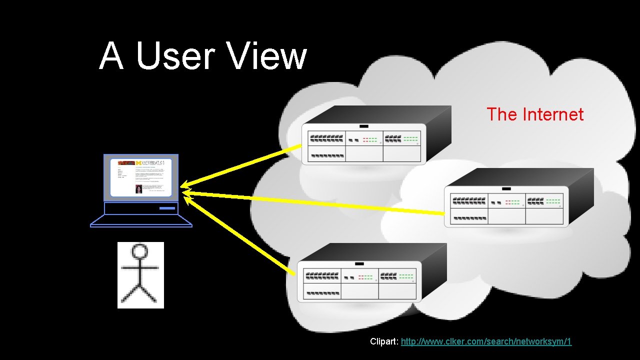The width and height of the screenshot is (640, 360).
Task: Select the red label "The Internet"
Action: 534,114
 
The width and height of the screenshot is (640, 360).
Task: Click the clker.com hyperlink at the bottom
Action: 486,341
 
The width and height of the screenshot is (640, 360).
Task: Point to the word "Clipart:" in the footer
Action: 384,341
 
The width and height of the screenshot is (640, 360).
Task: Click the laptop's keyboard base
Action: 141,220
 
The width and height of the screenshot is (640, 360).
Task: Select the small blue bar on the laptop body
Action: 167,207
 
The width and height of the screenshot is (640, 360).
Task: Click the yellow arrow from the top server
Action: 240,167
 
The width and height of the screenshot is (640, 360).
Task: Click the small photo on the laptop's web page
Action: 138,188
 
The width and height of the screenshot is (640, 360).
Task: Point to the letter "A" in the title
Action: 111,56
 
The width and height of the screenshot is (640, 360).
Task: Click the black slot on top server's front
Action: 364,126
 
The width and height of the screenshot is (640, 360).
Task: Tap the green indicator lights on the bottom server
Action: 406,276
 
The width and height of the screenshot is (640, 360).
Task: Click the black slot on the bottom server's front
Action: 359,263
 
